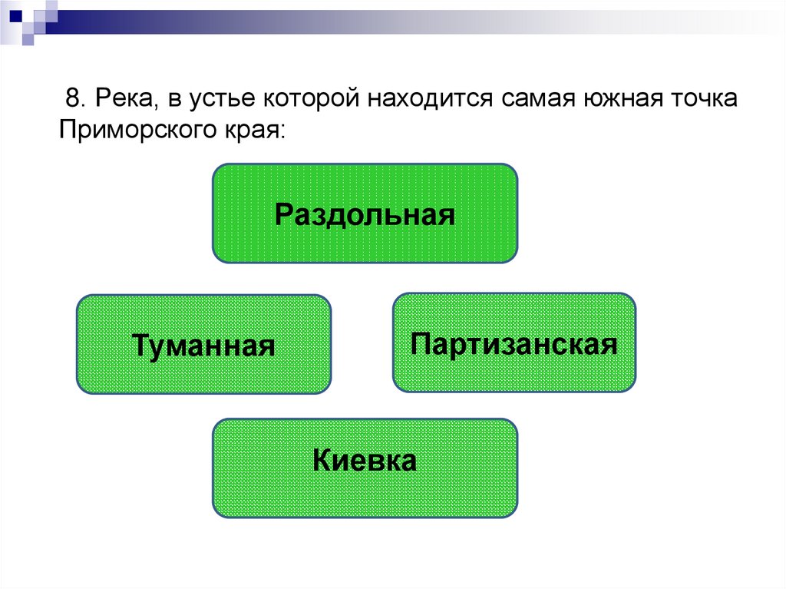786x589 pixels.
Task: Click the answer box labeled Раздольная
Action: tap(365, 213)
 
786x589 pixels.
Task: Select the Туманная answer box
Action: tap(203, 345)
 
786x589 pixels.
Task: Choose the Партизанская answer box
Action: tap(514, 342)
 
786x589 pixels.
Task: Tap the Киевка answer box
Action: tap(365, 468)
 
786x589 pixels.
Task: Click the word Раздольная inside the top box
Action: tap(365, 213)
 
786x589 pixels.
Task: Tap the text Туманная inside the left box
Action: tap(203, 345)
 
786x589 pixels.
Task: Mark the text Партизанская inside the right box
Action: tap(514, 343)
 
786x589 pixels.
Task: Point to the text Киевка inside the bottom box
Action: tap(365, 462)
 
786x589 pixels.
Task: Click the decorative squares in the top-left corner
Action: tap(27, 17)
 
